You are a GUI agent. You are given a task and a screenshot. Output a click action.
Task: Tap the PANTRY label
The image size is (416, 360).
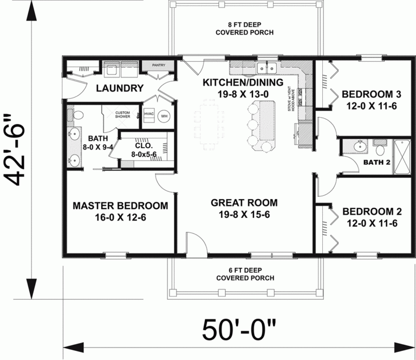159,65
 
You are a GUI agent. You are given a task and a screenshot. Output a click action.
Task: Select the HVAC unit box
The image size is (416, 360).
149,114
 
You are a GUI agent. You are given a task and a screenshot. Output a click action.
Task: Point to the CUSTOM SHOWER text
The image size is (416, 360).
123,114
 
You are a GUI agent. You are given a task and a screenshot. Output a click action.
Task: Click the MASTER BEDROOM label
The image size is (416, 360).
120,206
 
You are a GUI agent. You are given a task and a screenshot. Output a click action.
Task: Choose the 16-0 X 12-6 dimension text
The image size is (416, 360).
120,217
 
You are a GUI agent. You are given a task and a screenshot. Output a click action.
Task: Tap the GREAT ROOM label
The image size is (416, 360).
244,203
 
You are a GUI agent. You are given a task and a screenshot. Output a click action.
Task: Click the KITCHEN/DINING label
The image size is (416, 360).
243,82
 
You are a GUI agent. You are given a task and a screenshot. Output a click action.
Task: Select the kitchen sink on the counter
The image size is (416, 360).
266,68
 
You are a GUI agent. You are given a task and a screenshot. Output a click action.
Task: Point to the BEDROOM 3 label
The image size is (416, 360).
371,94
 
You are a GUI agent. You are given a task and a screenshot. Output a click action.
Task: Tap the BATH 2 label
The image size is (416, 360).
376,162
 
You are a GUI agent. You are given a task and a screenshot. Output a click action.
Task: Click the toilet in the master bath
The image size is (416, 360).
77,114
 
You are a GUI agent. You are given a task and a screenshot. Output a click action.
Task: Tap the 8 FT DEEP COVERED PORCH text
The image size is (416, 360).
244,28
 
